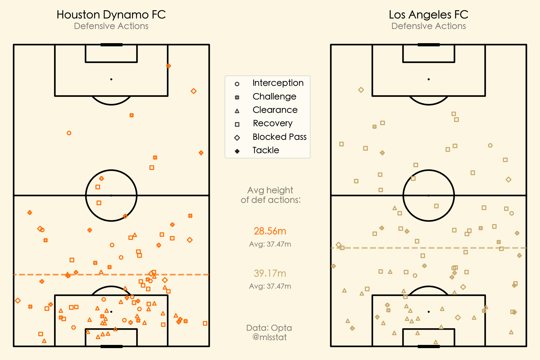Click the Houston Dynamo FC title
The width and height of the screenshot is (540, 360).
click(x=111, y=14)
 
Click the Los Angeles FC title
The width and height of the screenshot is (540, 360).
click(x=428, y=14)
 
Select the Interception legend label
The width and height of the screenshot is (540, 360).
click(x=278, y=83)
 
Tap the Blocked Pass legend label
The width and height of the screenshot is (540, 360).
click(x=279, y=137)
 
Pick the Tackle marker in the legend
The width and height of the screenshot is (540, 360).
click(x=237, y=151)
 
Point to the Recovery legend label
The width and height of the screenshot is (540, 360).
click(x=273, y=123)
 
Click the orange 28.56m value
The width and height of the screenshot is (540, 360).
click(x=270, y=231)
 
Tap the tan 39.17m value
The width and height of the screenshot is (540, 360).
click(x=270, y=273)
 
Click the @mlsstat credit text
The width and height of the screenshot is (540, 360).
click(x=269, y=337)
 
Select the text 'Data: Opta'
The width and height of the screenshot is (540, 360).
click(x=269, y=328)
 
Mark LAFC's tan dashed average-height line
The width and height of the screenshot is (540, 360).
click(x=398, y=248)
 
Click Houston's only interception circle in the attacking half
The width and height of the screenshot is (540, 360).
click(x=69, y=133)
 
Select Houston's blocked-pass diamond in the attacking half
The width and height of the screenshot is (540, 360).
click(x=194, y=91)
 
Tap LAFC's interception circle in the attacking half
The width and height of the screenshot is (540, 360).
click(x=490, y=145)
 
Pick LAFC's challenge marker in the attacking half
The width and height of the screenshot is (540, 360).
click(x=375, y=127)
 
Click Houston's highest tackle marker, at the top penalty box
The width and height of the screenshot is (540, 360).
click(x=169, y=66)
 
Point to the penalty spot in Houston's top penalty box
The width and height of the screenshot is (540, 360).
click(x=111, y=79)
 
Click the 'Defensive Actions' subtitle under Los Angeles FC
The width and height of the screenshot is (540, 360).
click(x=428, y=26)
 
